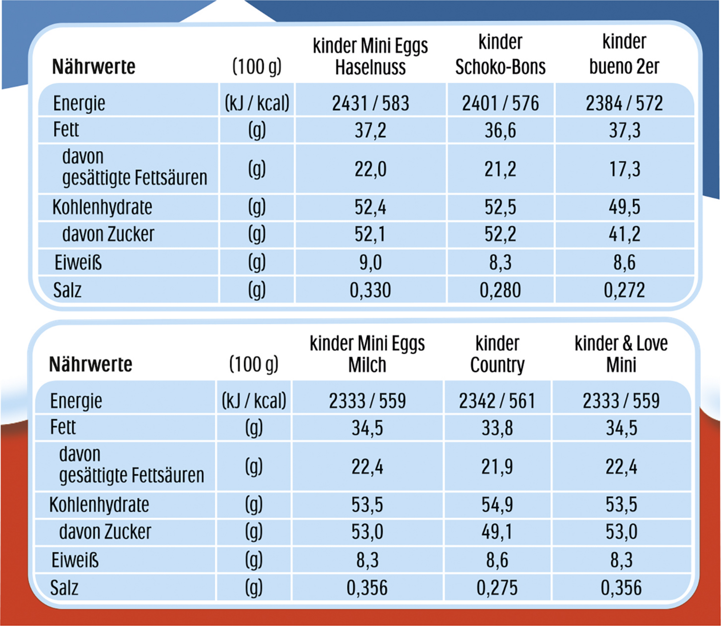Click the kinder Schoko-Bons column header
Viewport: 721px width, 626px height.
point(500,55)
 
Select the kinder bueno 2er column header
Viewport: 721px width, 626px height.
point(624,55)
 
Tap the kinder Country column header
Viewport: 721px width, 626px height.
point(497,354)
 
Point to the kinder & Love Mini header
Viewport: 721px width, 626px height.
point(621,354)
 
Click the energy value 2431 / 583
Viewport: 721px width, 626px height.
point(370,103)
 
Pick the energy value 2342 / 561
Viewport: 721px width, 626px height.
point(497,401)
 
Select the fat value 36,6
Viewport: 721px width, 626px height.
point(500,130)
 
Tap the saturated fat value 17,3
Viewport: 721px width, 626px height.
point(625,169)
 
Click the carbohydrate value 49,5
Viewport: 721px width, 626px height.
point(625,207)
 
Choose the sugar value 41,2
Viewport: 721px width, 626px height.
point(625,234)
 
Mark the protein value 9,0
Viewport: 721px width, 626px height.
point(370,262)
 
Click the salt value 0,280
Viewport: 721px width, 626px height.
point(500,290)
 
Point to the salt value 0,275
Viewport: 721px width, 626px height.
point(497,588)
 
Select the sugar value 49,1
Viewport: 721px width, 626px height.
point(497,532)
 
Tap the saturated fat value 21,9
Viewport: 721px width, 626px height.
point(497,467)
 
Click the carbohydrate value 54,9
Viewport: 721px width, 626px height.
point(497,505)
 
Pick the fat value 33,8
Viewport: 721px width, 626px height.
point(497,428)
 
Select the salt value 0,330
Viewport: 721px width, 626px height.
point(370,290)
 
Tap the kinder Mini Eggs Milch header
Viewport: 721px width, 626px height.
point(367,354)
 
